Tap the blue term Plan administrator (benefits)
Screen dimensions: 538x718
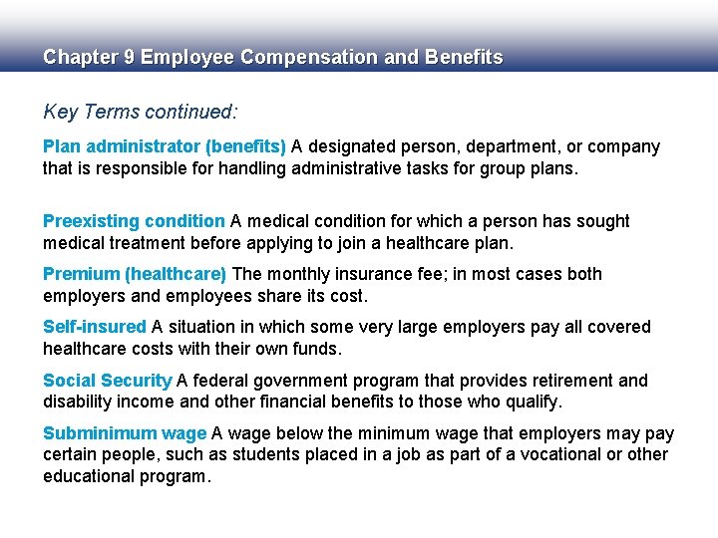click(x=165, y=147)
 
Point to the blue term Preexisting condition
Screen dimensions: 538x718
click(x=134, y=221)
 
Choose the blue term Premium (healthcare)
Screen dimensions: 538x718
click(x=135, y=274)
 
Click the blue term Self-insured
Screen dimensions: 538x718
click(x=95, y=327)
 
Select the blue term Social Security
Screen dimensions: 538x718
click(x=108, y=381)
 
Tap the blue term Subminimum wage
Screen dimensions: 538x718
click(x=125, y=433)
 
